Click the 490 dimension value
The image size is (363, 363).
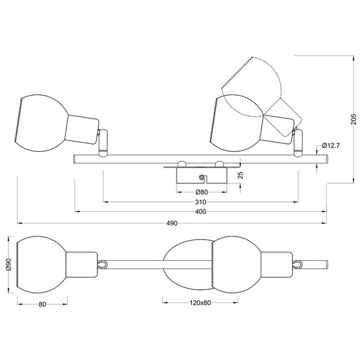[172, 223]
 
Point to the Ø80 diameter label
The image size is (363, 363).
[200, 192]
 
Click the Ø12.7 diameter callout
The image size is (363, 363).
[333, 145]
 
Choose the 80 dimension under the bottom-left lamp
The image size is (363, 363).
[42, 304]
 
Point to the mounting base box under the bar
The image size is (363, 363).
[200, 176]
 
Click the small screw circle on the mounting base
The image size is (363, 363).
[201, 177]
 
